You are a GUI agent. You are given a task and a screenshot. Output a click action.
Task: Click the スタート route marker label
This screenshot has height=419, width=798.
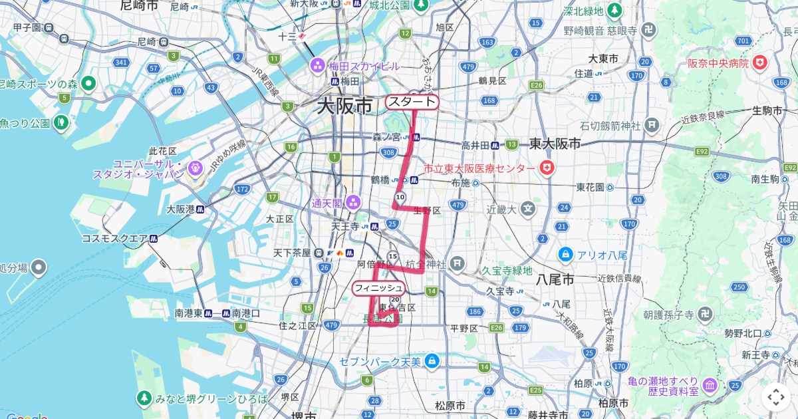(412, 102)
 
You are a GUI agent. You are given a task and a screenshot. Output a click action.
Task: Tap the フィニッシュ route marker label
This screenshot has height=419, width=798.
(378, 288)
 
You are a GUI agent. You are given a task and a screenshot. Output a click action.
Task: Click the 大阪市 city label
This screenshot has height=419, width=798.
(344, 106)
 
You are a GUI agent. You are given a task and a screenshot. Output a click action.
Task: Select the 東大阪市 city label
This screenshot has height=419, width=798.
(555, 143)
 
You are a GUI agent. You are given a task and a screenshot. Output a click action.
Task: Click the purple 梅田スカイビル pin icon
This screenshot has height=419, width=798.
(317, 66)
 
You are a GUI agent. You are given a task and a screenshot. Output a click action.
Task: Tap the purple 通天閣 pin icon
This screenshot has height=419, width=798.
(352, 202)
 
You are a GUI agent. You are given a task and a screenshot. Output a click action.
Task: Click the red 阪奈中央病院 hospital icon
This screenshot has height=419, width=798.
(759, 63)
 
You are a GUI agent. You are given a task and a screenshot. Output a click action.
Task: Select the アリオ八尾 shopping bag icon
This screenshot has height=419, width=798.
(565, 253)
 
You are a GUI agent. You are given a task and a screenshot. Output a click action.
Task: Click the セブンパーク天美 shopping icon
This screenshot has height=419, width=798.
(433, 360)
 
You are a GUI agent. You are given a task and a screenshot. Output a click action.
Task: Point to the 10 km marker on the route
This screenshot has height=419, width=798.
(400, 198)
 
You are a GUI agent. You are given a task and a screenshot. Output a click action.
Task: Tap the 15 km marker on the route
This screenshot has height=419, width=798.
(393, 257)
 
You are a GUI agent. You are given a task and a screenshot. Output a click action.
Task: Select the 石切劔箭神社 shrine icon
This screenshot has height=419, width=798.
(652, 125)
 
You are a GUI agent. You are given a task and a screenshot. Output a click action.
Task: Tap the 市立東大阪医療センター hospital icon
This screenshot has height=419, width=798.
(547, 168)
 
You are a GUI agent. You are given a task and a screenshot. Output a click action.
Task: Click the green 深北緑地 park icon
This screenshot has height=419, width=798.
(614, 11)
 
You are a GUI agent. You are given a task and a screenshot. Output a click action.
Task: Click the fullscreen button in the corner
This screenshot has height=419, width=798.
(776, 397)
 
